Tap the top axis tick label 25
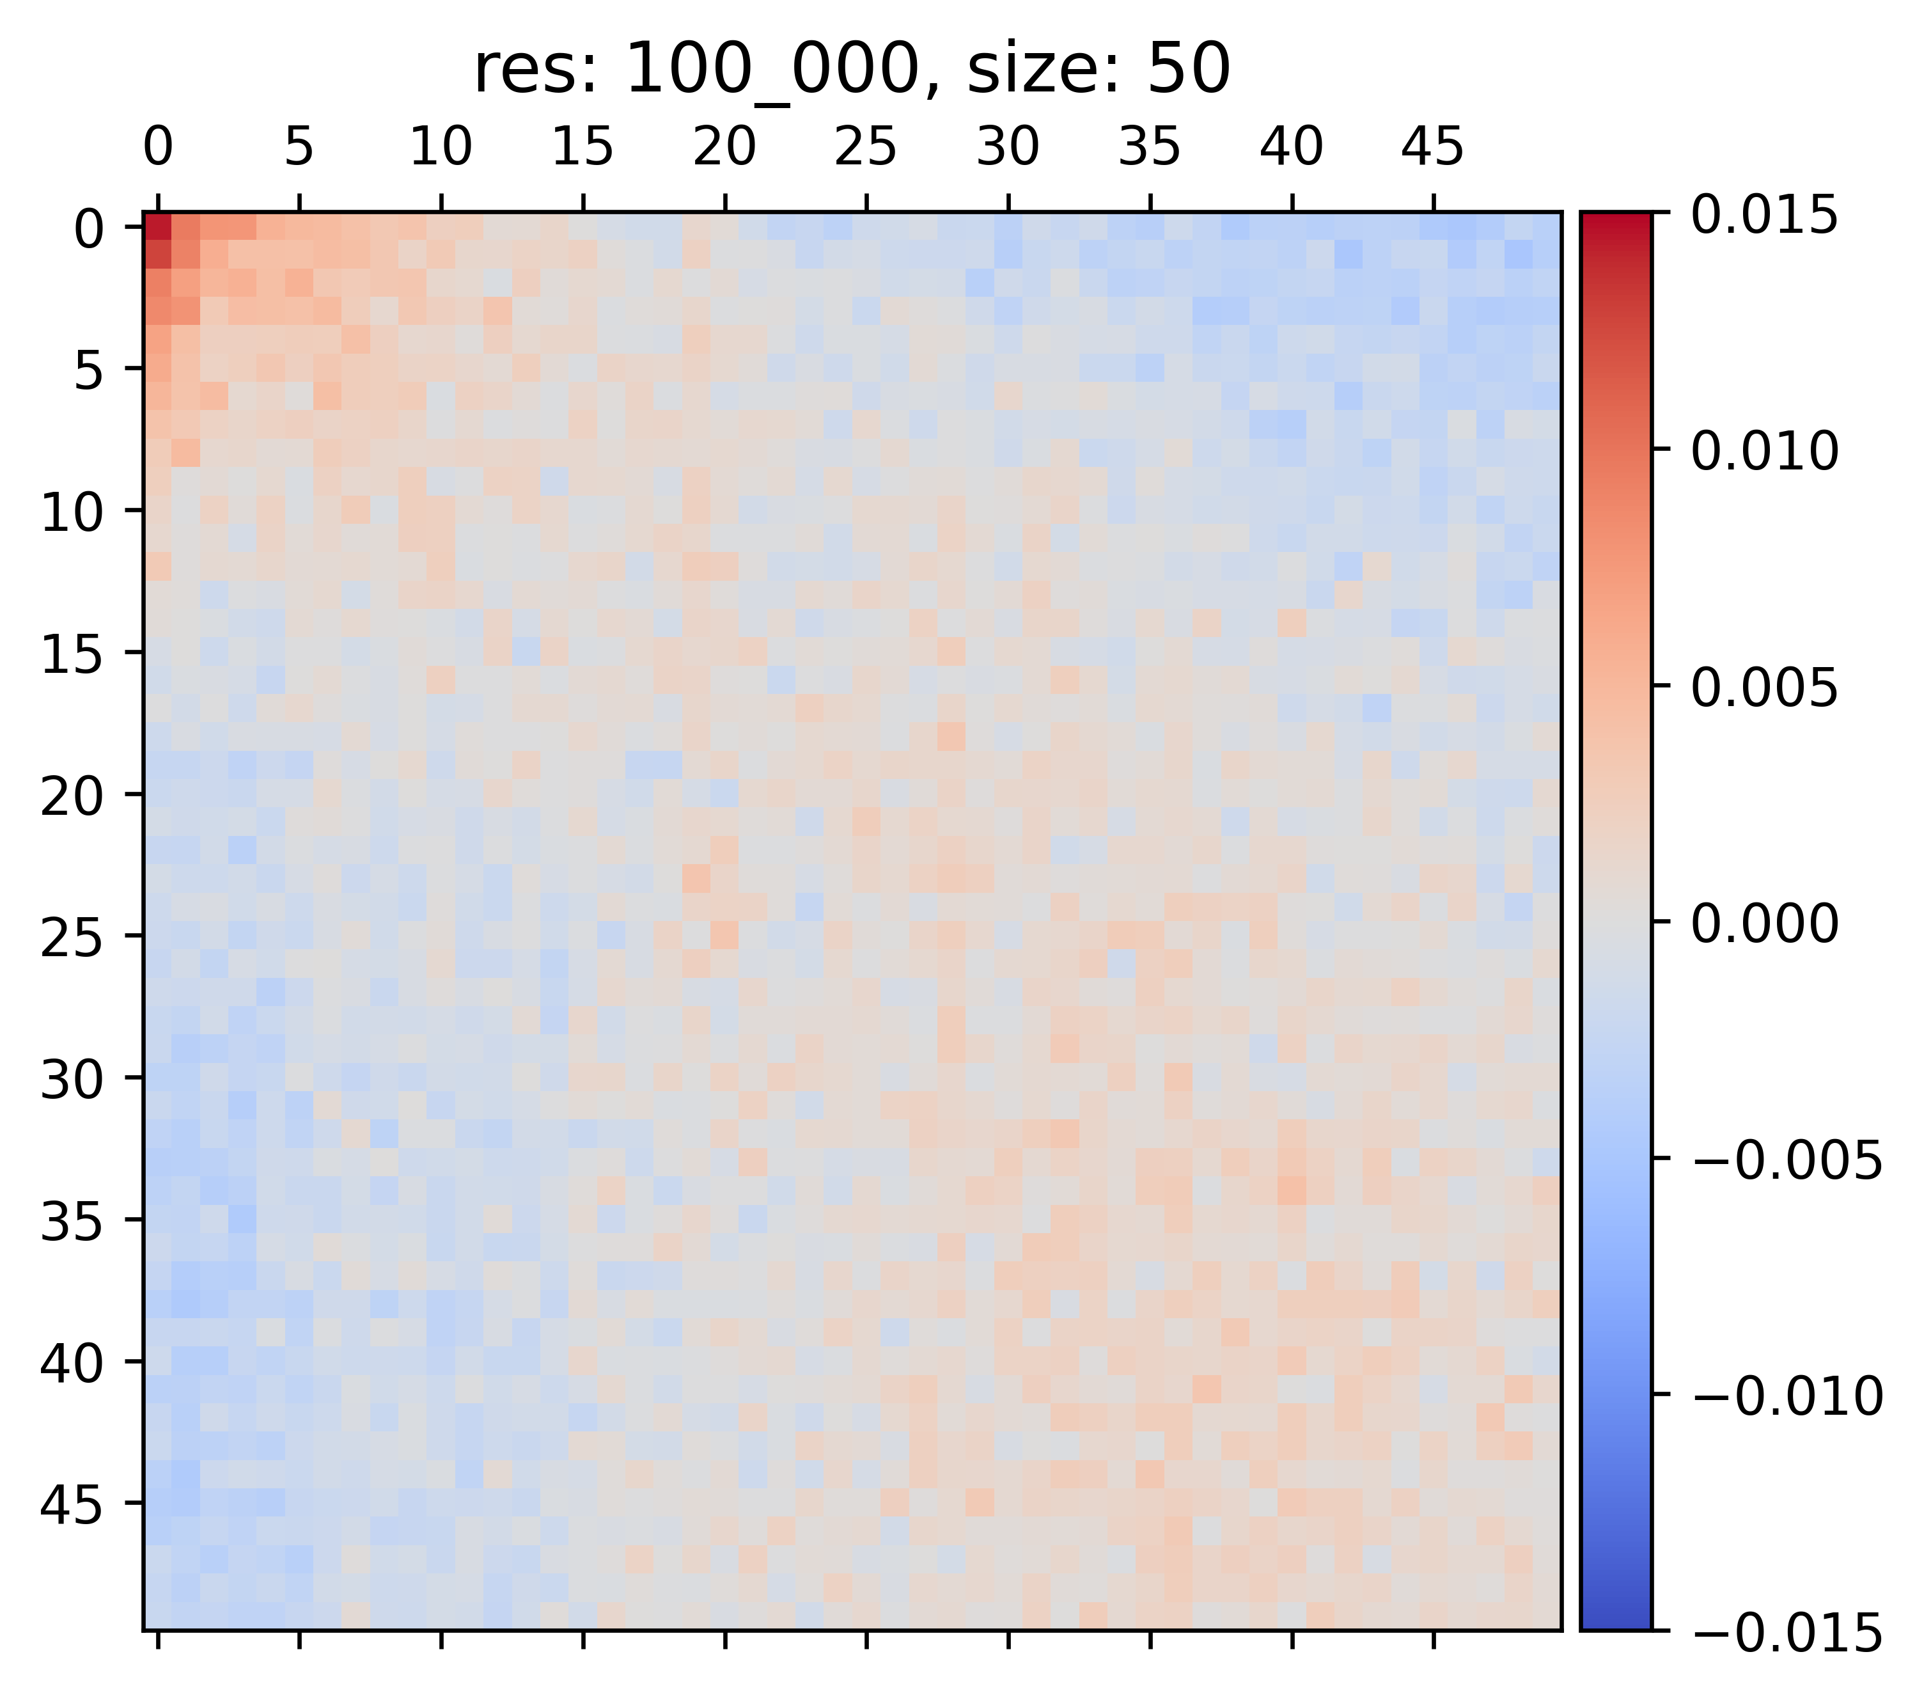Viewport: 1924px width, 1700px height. pos(865,148)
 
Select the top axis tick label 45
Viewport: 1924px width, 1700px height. pos(1433,148)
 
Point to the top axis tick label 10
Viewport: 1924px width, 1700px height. pos(441,148)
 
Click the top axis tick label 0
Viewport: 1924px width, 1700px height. pos(157,148)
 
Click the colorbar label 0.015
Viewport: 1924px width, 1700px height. pos(1764,217)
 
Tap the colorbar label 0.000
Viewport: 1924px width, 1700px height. pos(1764,924)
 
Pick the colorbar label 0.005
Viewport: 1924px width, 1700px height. pos(1764,689)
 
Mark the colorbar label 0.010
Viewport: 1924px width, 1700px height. pos(1764,453)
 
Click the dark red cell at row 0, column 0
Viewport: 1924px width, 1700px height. pos(157,227)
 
